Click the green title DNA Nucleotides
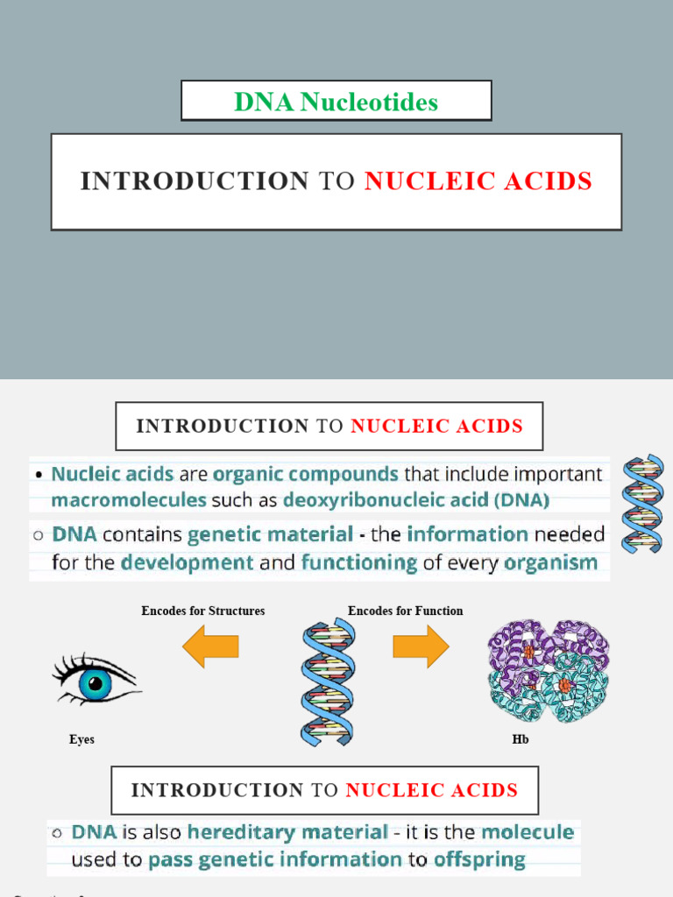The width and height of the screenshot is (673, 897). click(336, 102)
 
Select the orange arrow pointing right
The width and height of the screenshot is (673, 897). click(421, 647)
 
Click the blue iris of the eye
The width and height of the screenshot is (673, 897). click(95, 682)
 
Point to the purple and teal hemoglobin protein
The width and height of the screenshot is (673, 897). click(548, 669)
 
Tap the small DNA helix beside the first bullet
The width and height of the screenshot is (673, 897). click(643, 503)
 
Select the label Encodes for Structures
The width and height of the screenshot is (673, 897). click(203, 611)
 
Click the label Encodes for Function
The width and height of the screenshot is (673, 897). click(405, 611)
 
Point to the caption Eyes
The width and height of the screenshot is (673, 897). click(81, 739)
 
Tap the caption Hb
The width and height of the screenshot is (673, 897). click(521, 739)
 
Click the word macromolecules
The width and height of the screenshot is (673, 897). click(129, 500)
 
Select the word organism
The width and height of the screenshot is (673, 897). click(547, 562)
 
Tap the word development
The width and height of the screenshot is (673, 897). click(187, 562)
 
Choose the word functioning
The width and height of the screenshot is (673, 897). click(358, 562)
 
